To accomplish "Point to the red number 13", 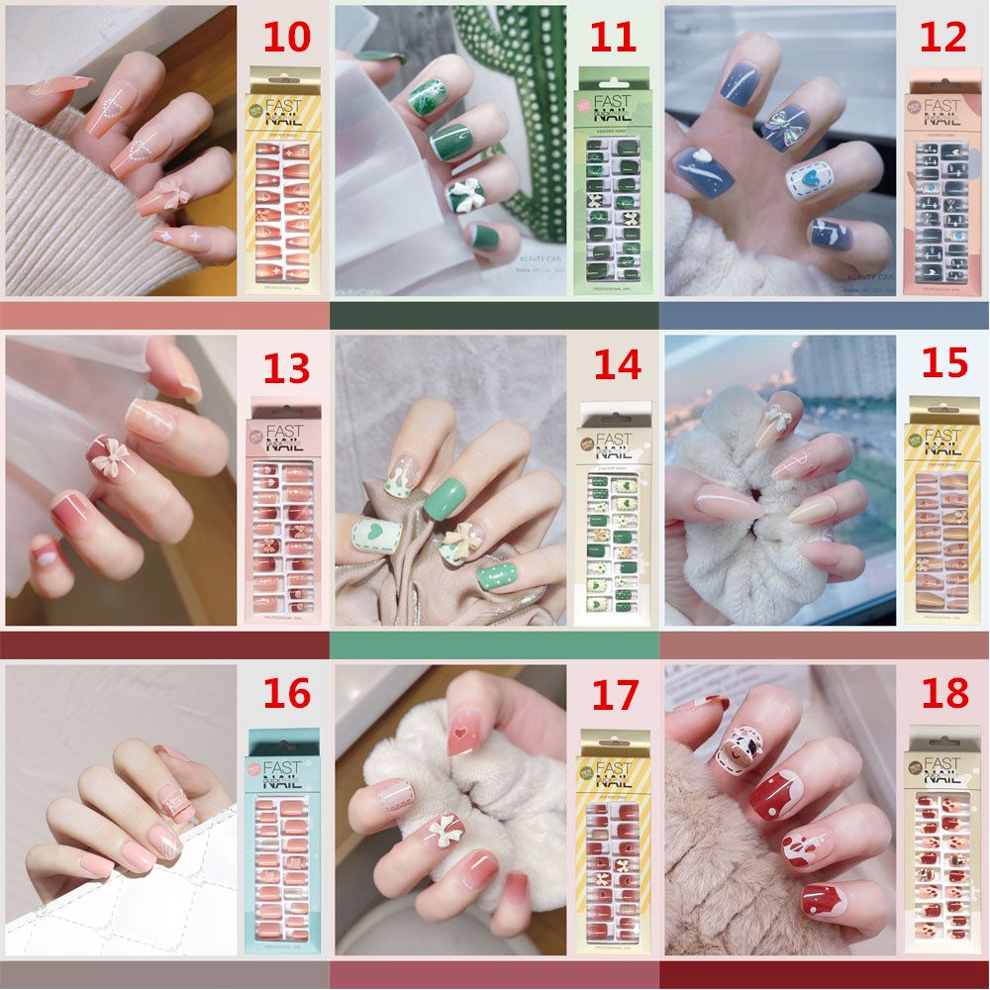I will click(x=286, y=368).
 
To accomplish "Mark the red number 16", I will click(x=286, y=694).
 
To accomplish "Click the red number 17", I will click(x=615, y=696).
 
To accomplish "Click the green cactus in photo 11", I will click(x=515, y=119).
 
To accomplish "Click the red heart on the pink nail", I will click(x=457, y=735).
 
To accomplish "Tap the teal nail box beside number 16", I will click(x=282, y=841).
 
